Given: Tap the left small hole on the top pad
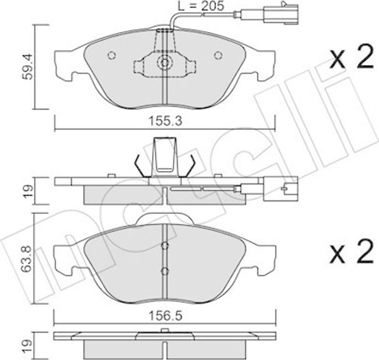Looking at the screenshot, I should pos(111,55).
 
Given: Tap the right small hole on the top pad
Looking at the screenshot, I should pos(218,55).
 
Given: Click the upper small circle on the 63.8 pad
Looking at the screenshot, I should pos(165,245).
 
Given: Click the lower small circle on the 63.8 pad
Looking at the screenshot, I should pos(165,271).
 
